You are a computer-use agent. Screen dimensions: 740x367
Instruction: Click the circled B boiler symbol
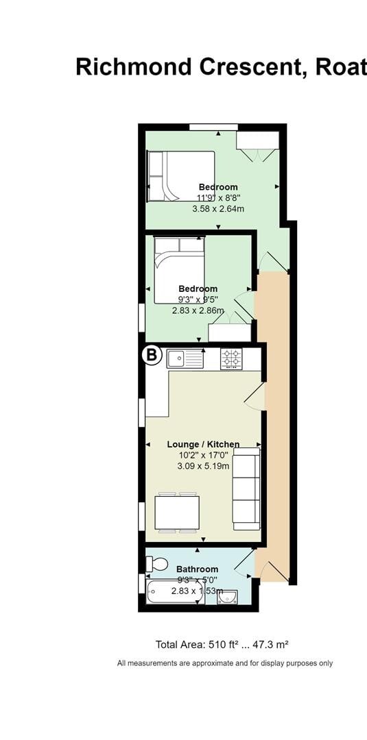152,356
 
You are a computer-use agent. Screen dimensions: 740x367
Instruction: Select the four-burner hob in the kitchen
231,358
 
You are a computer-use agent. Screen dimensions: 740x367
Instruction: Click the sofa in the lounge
246,489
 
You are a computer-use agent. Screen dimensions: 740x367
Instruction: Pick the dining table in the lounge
177,512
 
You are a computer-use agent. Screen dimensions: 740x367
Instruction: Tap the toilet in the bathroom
157,564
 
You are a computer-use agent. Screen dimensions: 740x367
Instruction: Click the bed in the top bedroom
181,176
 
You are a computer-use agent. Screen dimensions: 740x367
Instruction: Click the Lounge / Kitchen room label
203,445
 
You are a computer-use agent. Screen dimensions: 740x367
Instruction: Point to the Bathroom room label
197,569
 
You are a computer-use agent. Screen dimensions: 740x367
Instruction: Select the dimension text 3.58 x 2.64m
218,208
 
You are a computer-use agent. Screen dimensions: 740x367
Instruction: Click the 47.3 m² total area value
268,644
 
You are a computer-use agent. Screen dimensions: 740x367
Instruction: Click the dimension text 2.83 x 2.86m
198,310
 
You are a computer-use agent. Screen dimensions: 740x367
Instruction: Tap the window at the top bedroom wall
213,126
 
